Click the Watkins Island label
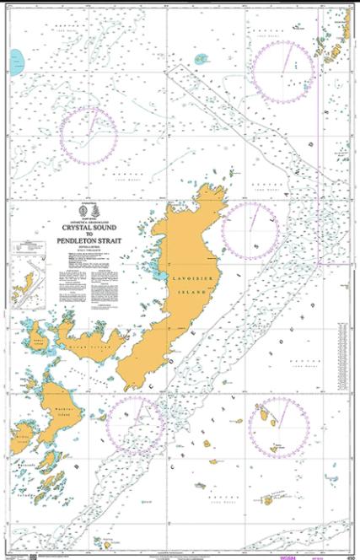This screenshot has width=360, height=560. point(56,412)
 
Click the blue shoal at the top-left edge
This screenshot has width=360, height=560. point(17,60)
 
